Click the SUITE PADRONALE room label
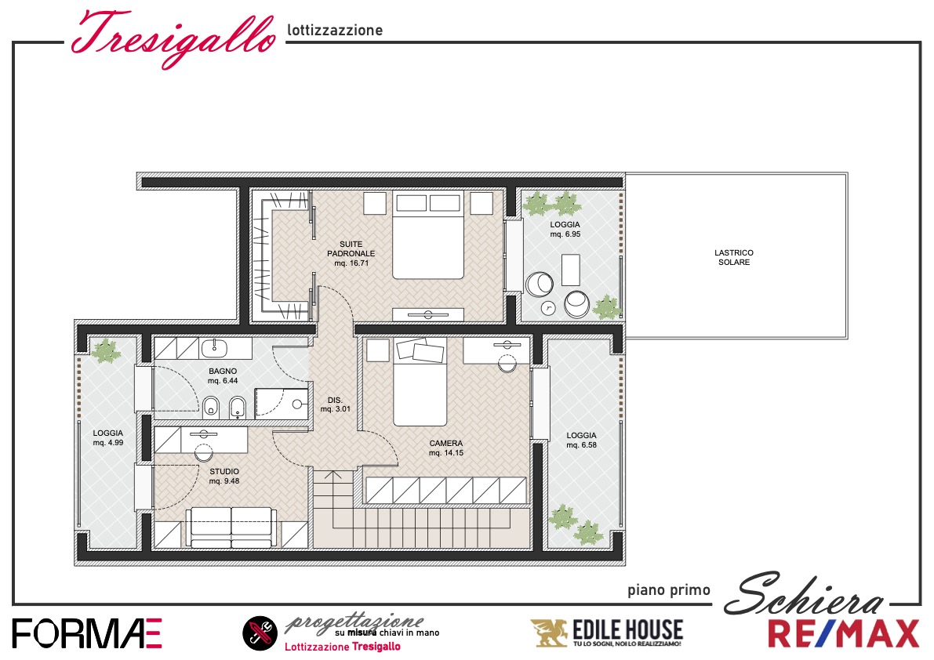pyautogui.click(x=351, y=253)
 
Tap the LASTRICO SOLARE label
pyautogui.click(x=734, y=258)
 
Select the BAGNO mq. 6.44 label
pyautogui.click(x=223, y=376)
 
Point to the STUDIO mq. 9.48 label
pyautogui.click(x=224, y=476)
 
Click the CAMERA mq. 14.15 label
pyautogui.click(x=446, y=448)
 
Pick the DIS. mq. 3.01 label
pyautogui.click(x=336, y=404)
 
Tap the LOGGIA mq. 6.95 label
pyautogui.click(x=565, y=230)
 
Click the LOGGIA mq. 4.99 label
pyautogui.click(x=107, y=438)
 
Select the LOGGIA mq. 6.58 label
pyautogui.click(x=581, y=441)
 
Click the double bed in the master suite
pyautogui.click(x=427, y=235)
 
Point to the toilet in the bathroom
pyautogui.click(x=211, y=408)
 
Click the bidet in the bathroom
pyautogui.click(x=238, y=408)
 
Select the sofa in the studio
pyautogui.click(x=231, y=527)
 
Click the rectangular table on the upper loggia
pyautogui.click(x=571, y=270)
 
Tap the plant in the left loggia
pyautogui.click(x=106, y=350)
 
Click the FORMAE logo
pyautogui.click(x=87, y=633)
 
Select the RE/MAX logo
pyautogui.click(x=844, y=633)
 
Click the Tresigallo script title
pyautogui.click(x=173, y=37)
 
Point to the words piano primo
pyautogui.click(x=668, y=590)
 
